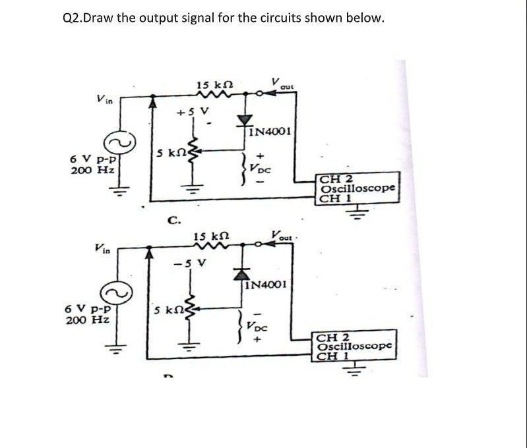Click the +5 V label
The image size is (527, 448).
point(187,112)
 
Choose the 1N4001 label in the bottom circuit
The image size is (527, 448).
point(266,285)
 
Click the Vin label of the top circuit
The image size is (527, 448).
point(105,99)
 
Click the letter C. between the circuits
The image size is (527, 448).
point(173,219)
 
